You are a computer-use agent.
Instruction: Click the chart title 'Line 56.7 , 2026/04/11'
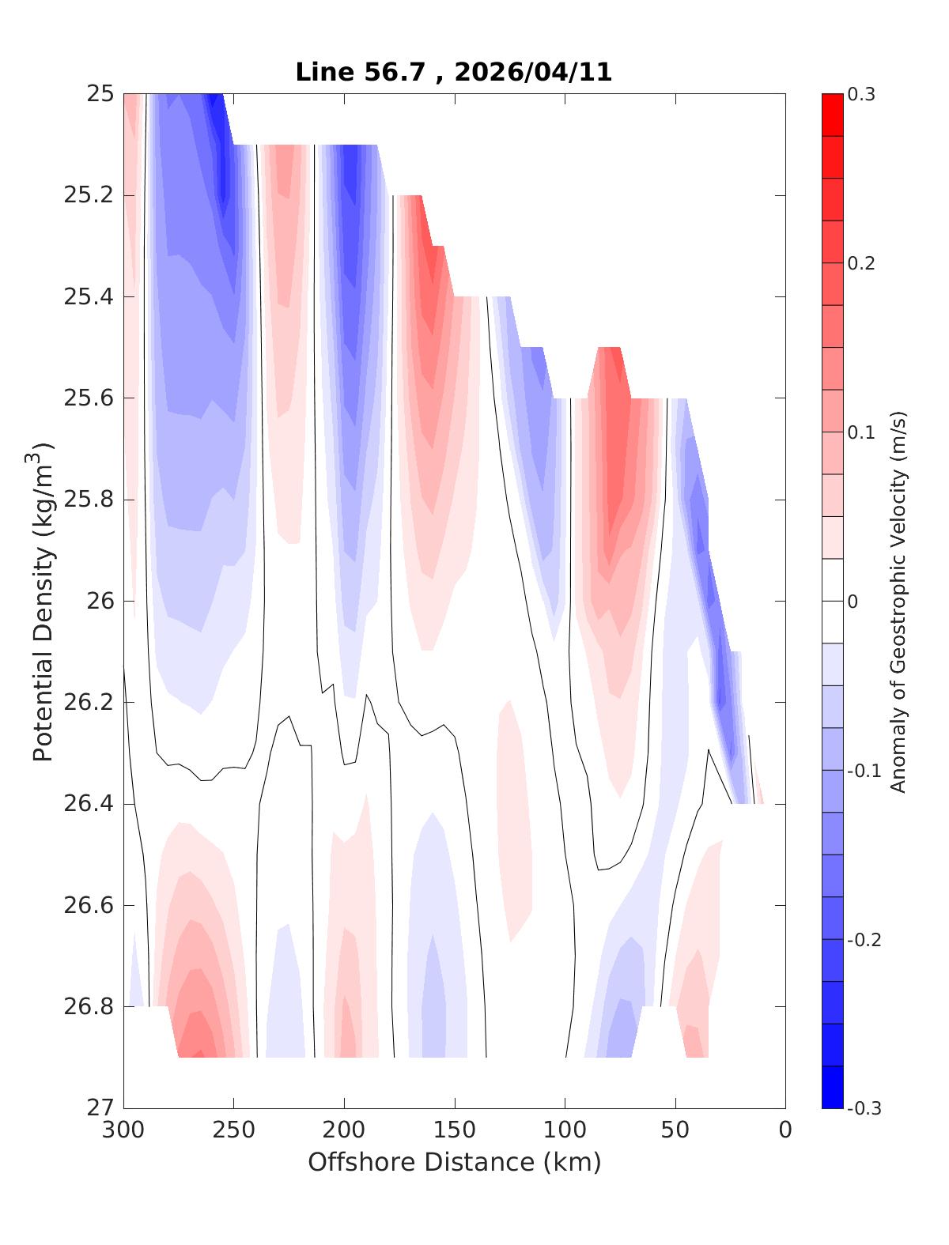[453, 72]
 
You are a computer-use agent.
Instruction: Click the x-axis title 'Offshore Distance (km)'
[454, 1162]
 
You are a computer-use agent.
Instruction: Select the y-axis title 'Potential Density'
[43, 601]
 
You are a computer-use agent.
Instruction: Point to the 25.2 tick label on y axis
[88, 195]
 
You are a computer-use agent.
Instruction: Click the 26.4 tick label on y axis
[88, 804]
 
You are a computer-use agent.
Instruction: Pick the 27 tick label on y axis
[98, 1108]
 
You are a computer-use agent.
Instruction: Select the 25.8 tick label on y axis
[88, 500]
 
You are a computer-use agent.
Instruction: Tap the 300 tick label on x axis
[124, 1130]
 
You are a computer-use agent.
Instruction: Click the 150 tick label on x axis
[455, 1130]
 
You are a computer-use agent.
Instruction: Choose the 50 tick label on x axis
[675, 1130]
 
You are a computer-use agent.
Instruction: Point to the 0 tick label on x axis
[785, 1130]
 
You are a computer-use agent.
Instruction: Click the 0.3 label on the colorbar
[861, 95]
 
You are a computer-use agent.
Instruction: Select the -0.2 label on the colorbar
[864, 940]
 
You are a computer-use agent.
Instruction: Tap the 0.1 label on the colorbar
[861, 432]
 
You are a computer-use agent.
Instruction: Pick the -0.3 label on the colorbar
[864, 1108]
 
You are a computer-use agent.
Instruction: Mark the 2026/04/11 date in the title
[534, 72]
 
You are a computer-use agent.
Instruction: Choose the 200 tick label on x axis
[345, 1130]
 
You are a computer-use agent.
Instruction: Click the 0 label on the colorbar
[853, 602]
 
